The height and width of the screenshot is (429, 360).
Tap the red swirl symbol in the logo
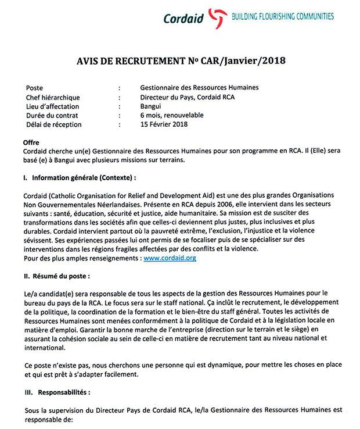coord(215,17)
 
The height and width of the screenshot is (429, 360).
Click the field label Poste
coord(34,88)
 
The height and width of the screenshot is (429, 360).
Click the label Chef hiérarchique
coord(53,97)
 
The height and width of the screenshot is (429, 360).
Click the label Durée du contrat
coord(52,115)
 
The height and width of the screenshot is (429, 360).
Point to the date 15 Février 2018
coord(164,124)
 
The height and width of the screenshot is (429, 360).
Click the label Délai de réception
coord(53,124)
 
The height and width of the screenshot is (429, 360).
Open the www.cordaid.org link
coord(170,258)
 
